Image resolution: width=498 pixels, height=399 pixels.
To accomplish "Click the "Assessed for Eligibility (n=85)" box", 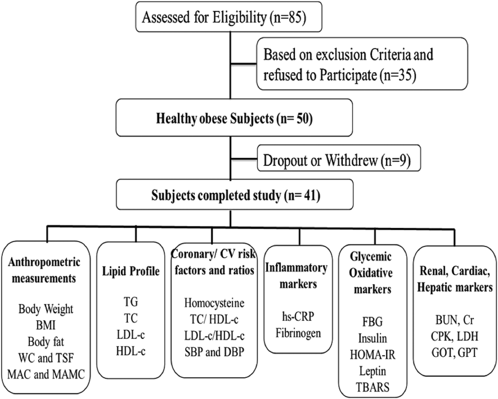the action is click(x=228, y=17).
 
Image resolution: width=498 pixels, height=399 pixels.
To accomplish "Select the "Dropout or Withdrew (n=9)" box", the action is click(x=339, y=158).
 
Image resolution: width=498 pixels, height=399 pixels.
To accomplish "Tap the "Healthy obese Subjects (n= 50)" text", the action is click(x=234, y=118).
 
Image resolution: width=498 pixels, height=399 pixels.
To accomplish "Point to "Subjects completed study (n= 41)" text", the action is click(x=236, y=195).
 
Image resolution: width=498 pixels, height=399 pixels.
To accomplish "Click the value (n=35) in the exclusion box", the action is click(x=397, y=75).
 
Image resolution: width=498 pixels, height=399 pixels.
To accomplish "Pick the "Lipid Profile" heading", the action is click(x=131, y=271).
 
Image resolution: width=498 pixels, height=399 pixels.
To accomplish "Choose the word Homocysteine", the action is click(x=214, y=303).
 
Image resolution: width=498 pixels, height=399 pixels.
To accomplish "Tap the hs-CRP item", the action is click(x=298, y=316).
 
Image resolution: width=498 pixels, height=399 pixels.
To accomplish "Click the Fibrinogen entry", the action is click(x=298, y=333).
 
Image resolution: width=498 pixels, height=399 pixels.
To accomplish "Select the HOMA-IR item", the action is click(x=373, y=355).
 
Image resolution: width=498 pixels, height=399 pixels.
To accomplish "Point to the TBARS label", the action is click(x=373, y=387).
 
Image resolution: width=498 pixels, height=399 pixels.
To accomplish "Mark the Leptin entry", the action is click(x=373, y=371).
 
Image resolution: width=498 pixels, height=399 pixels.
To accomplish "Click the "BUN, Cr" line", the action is click(x=454, y=320).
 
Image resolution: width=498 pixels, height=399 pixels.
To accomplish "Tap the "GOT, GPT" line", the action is click(x=454, y=353).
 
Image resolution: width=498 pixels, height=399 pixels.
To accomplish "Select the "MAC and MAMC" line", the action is click(x=46, y=374).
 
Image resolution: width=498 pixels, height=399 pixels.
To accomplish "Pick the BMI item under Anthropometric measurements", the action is click(x=46, y=325).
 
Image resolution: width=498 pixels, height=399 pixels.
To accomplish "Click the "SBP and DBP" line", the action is click(x=214, y=352).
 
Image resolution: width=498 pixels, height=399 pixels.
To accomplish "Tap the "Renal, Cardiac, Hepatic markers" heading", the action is click(x=455, y=279).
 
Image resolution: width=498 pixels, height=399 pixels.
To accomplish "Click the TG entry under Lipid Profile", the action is click(x=131, y=302).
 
